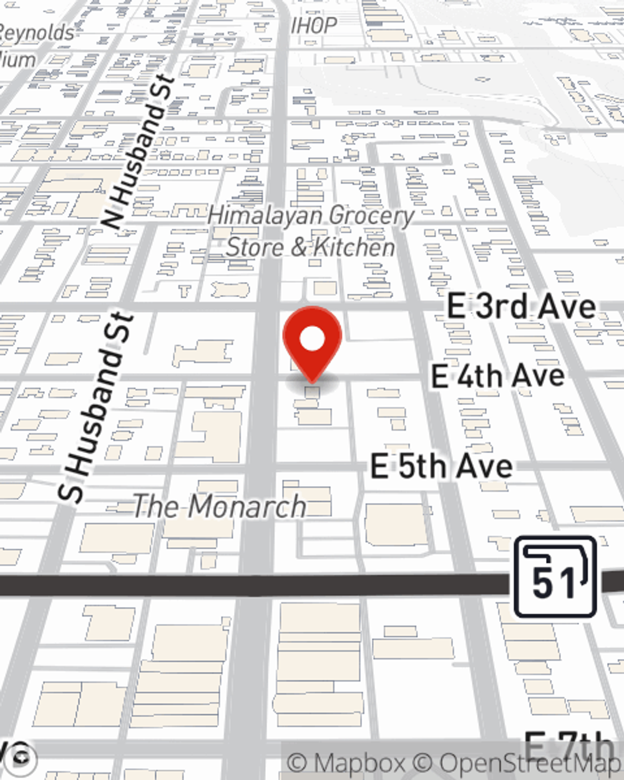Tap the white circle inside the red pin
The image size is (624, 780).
(313, 340)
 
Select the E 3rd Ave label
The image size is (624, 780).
(521, 307)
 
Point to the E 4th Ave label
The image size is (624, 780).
(498, 376)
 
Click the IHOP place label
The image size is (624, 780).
(314, 26)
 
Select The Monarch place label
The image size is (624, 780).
(220, 506)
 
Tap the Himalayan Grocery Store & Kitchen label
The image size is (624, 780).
(311, 232)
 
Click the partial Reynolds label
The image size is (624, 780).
(37, 32)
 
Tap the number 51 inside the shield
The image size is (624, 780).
(553, 583)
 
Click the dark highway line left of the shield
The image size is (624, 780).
(250, 585)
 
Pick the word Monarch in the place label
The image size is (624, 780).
(247, 506)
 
